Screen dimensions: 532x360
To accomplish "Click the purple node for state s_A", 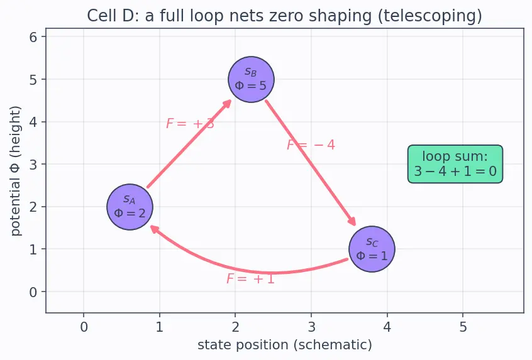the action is point(130,207).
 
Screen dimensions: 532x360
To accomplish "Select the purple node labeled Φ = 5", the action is point(251,79).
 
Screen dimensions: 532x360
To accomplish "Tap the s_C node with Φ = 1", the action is point(372,249).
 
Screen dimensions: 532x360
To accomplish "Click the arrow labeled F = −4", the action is point(311,162).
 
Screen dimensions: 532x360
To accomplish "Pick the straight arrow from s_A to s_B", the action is point(189,143).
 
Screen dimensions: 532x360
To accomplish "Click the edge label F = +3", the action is point(190,123).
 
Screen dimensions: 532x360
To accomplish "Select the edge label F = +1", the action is point(250,279).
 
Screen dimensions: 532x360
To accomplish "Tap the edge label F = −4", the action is point(311,145).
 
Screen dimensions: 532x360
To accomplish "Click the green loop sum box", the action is point(455,164).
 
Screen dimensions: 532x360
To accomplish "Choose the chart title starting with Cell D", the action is point(284,16).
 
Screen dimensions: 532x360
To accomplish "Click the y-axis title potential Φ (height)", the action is point(16,171).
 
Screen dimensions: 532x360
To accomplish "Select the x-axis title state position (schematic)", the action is point(285,345).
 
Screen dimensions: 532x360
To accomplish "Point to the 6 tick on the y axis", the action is point(33,37).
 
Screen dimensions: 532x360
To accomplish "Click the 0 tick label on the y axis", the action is point(33,292).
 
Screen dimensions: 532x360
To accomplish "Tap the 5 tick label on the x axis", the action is point(463,327).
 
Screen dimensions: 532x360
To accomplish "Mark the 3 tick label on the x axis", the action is point(311,327).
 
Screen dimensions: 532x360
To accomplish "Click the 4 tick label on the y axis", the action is point(33,122).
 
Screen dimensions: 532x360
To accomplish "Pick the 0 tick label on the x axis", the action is point(84,327).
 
